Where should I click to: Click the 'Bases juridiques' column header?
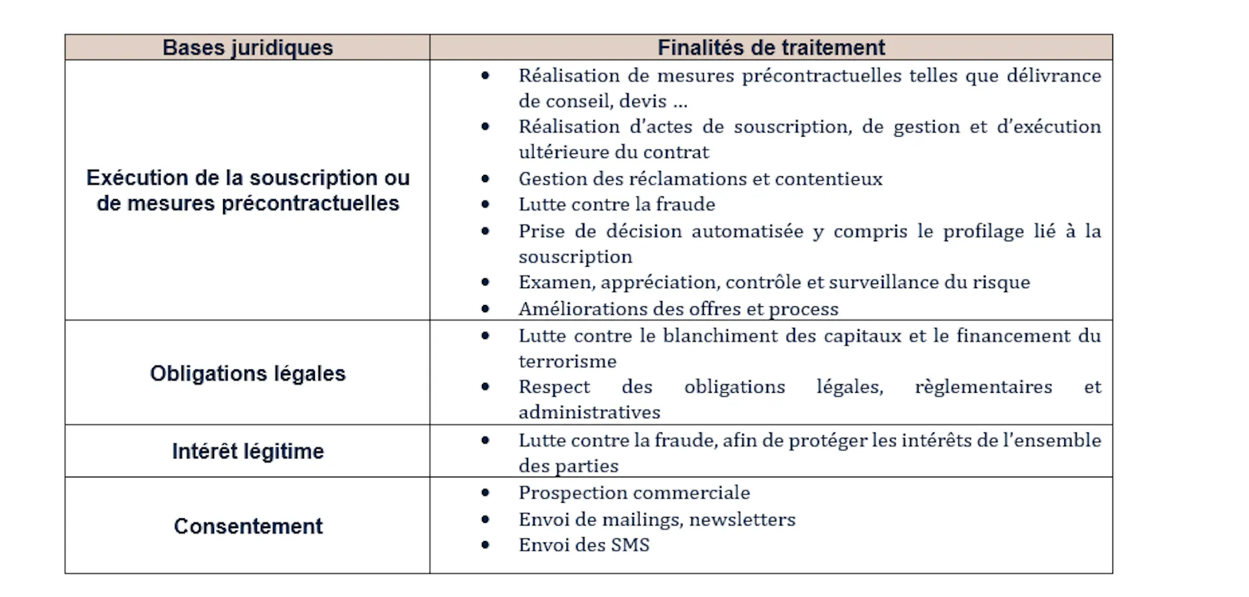(247, 47)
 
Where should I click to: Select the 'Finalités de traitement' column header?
(771, 47)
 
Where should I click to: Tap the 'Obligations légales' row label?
(247, 373)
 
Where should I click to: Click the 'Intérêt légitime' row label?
(247, 451)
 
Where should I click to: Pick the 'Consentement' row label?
(247, 526)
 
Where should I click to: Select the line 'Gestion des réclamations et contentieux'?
(700, 179)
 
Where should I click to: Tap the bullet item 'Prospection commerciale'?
(634, 493)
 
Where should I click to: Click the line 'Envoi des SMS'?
(584, 545)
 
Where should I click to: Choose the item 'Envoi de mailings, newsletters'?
(656, 520)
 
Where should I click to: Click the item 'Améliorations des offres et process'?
(678, 309)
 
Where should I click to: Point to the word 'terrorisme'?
(567, 362)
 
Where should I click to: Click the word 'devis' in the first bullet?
(643, 101)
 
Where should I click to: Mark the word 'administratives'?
(589, 412)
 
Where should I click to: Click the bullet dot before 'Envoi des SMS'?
(485, 545)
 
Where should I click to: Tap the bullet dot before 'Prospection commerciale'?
(485, 493)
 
